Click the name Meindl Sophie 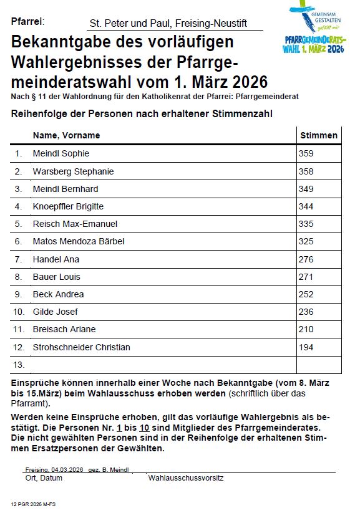tap(61, 153)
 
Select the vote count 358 tap(306, 171)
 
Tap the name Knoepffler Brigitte tap(68, 206)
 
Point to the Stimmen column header tap(319, 135)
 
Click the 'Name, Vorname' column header tap(66, 135)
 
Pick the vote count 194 tap(306, 347)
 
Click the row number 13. tap(19, 365)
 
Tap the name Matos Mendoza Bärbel tap(79, 241)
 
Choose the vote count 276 tap(306, 259)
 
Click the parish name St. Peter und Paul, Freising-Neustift tap(168, 24)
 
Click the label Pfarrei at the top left tap(27, 22)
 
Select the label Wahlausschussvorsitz tap(185, 478)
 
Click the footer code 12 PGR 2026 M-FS tap(33, 503)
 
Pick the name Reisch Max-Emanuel tap(75, 224)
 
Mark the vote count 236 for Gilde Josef tap(306, 312)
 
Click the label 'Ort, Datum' tap(44, 478)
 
